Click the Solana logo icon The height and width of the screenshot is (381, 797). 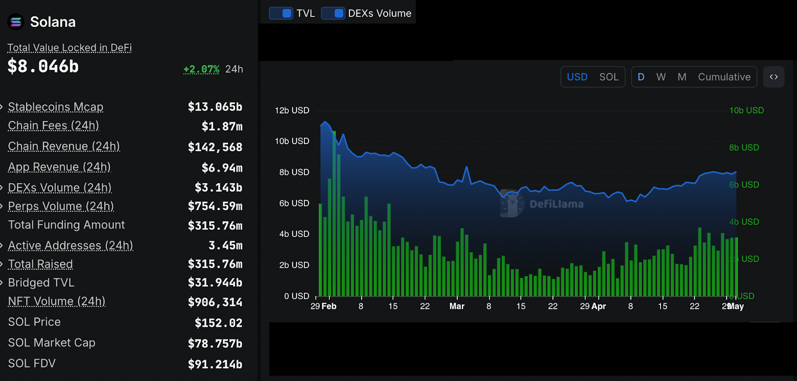[16, 22]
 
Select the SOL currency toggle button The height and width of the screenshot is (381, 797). [609, 77]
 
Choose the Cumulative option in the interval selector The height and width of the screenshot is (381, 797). [724, 77]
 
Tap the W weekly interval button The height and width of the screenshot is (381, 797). [661, 77]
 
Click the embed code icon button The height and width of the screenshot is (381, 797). [773, 77]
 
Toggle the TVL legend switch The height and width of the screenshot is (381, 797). [281, 13]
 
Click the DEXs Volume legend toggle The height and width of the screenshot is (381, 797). [333, 13]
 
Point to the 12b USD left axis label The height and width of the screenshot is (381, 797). [292, 111]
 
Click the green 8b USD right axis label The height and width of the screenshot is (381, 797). [744, 148]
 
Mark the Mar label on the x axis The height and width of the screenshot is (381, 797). [457, 306]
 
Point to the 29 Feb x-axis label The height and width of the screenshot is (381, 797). [323, 306]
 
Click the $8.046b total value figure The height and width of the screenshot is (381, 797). [43, 67]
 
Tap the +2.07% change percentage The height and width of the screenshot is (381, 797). [201, 69]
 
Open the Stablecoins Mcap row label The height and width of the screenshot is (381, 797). [56, 107]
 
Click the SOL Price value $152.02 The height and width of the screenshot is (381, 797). [218, 323]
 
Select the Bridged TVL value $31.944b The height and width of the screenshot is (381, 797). [215, 283]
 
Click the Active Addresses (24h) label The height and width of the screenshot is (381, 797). [70, 246]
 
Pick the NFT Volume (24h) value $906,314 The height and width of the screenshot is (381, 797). [215, 302]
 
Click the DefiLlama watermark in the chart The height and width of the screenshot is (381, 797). [543, 204]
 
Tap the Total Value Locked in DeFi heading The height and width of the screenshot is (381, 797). [69, 48]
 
